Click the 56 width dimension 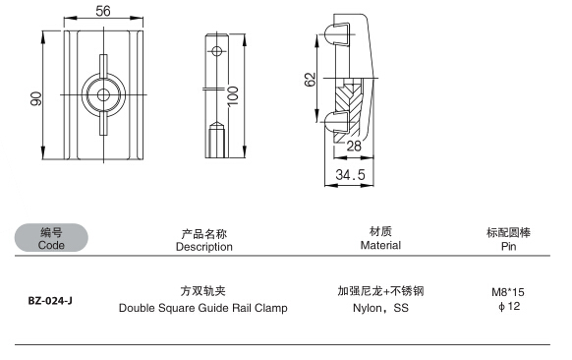tap(103, 11)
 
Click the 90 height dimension tap(36, 98)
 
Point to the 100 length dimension tap(233, 96)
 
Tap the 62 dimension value tap(310, 80)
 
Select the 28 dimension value tap(354, 146)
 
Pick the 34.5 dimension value tap(350, 174)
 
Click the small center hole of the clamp tap(103, 95)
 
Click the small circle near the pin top tap(216, 51)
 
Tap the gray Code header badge tap(51, 238)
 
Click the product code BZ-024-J tap(50, 301)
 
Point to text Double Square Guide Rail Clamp tap(203, 308)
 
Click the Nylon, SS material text tap(380, 308)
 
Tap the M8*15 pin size tap(508, 292)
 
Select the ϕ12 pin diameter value tap(509, 306)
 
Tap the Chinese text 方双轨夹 tap(203, 291)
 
